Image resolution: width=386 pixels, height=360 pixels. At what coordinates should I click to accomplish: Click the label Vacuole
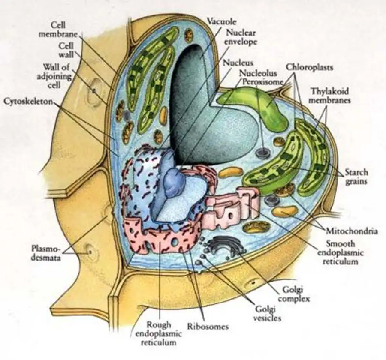coord(222,21)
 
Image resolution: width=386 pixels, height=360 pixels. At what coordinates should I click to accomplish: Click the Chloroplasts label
coord(309,67)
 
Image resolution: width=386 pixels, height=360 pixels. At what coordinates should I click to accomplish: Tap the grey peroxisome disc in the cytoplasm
coord(260,152)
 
